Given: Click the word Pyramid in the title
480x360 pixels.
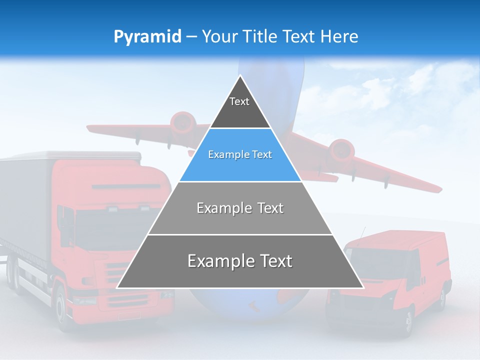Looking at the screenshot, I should pyautogui.click(x=147, y=37).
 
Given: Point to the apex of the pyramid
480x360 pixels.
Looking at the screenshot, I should pyautogui.click(x=240, y=76).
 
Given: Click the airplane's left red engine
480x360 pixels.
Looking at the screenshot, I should pyautogui.click(x=182, y=121).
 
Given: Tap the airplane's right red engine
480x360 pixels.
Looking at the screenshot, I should pyautogui.click(x=341, y=149).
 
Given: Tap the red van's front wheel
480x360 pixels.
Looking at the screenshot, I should pyautogui.click(x=408, y=320).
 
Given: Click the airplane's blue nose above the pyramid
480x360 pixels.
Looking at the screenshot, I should pyautogui.click(x=270, y=75).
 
